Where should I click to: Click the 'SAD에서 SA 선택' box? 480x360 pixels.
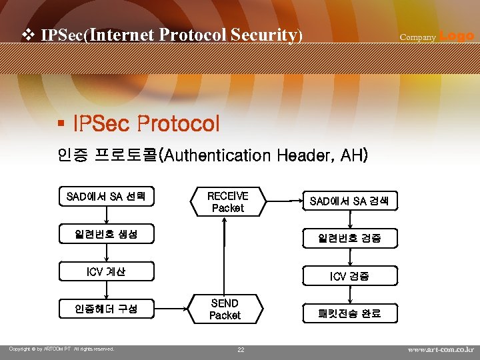click(106, 197)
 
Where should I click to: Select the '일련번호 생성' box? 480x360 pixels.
click(106, 234)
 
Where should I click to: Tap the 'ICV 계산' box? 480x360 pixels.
click(106, 271)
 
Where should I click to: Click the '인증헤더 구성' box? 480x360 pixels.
click(106, 309)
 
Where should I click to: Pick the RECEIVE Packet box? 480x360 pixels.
click(227, 202)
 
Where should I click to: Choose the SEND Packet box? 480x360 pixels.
click(225, 309)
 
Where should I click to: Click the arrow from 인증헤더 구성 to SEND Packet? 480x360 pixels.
click(173, 309)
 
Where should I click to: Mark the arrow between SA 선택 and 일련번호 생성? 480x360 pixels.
click(106, 215)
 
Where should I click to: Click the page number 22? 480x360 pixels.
click(241, 350)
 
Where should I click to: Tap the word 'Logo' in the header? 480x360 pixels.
click(457, 36)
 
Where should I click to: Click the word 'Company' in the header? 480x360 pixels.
click(417, 37)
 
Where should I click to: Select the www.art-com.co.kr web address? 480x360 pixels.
click(441, 349)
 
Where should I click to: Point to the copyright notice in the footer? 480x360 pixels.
click(61, 349)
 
